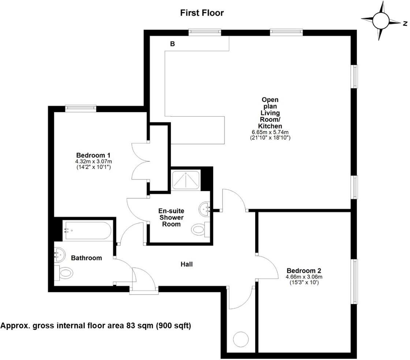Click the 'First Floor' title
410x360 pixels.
202,13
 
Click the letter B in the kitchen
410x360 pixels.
172,44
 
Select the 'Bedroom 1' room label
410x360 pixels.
93,155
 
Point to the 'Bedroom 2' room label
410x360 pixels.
304,271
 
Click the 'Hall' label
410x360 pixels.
186,264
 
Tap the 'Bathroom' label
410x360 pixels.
86,258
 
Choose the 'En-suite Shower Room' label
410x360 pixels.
171,217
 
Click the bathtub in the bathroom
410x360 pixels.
87,230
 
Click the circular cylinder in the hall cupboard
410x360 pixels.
241,339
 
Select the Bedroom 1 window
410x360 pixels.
81,108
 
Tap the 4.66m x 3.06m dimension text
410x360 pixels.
304,277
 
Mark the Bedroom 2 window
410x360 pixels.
354,281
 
